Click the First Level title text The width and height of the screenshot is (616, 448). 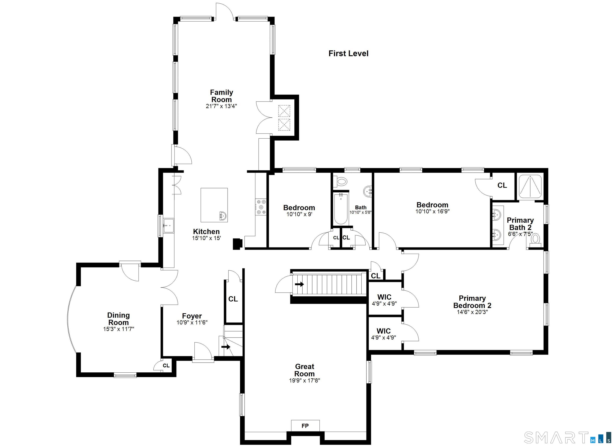[x=349, y=54]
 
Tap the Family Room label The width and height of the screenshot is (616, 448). [x=222, y=96]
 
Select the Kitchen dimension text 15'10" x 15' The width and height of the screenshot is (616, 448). [x=206, y=238]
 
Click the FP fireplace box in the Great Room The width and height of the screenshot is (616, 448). [x=305, y=426]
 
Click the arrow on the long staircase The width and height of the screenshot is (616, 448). [x=300, y=284]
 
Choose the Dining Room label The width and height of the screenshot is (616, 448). [x=119, y=319]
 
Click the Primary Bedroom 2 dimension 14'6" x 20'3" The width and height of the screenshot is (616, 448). [x=472, y=312]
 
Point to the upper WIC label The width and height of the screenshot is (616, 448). [x=384, y=297]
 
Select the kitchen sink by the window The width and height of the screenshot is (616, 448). [x=169, y=225]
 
